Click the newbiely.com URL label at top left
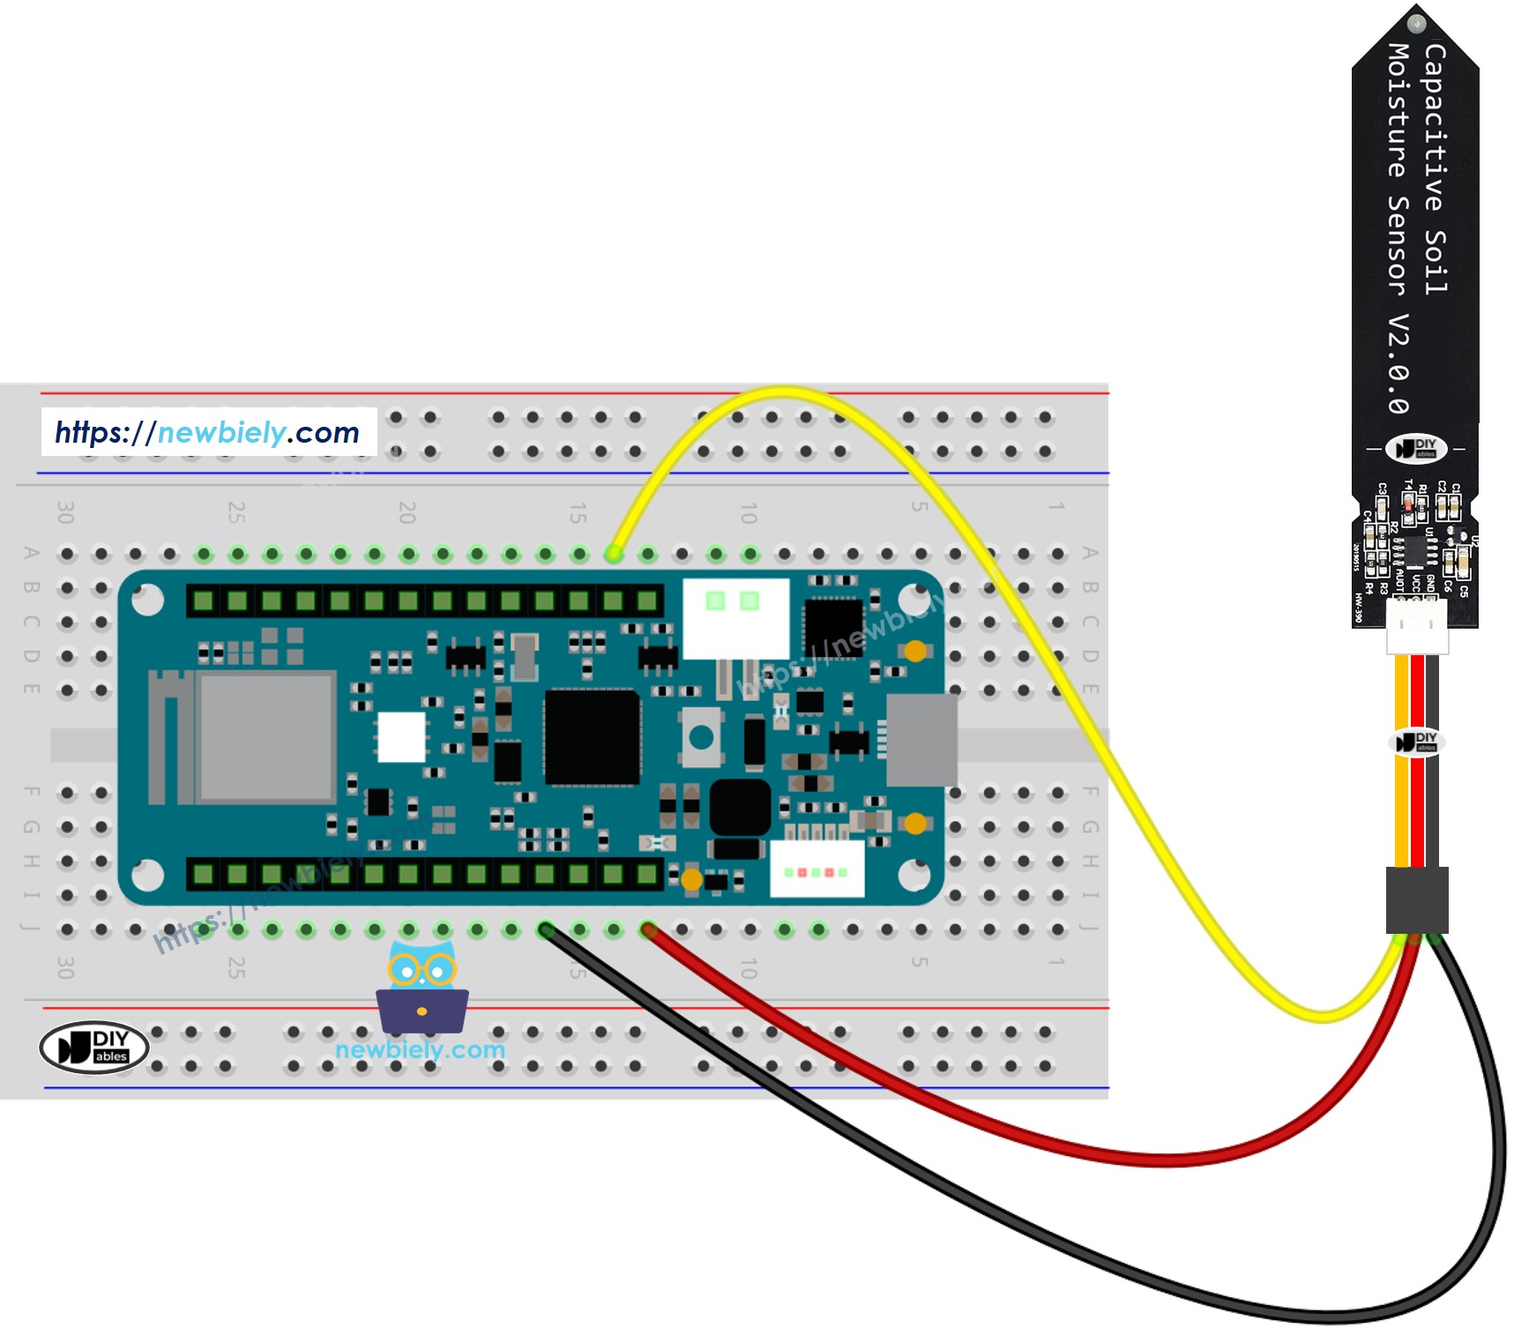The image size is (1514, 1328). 208,432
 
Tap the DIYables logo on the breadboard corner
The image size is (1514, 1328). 94,1047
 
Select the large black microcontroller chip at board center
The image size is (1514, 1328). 592,737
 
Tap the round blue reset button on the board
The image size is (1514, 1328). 702,737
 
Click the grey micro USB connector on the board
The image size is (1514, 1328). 921,740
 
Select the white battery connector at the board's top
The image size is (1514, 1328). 735,617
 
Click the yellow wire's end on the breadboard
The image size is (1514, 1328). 614,554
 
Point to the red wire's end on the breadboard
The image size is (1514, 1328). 648,929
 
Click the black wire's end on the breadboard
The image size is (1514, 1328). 546,929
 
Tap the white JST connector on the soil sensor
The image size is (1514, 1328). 1416,625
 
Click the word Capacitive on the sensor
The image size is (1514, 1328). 1434,128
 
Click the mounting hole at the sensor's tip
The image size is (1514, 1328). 1416,23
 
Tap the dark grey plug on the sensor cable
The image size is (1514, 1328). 1416,899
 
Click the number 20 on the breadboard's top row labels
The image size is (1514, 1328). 406,511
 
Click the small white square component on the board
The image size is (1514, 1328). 401,736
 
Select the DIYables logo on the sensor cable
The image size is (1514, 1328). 1417,742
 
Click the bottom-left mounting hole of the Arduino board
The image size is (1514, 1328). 147,875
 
